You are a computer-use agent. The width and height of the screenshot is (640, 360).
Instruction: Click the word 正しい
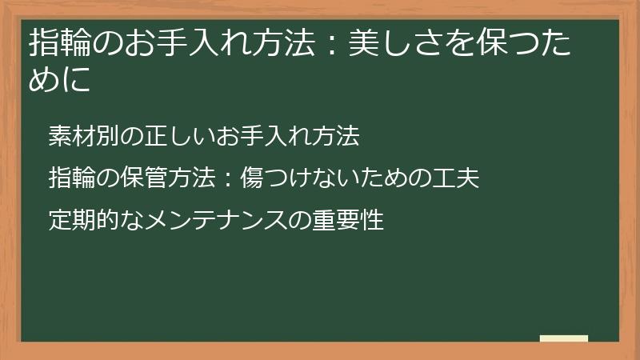coord(175,136)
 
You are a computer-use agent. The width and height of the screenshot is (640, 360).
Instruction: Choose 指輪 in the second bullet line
coord(70,178)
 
